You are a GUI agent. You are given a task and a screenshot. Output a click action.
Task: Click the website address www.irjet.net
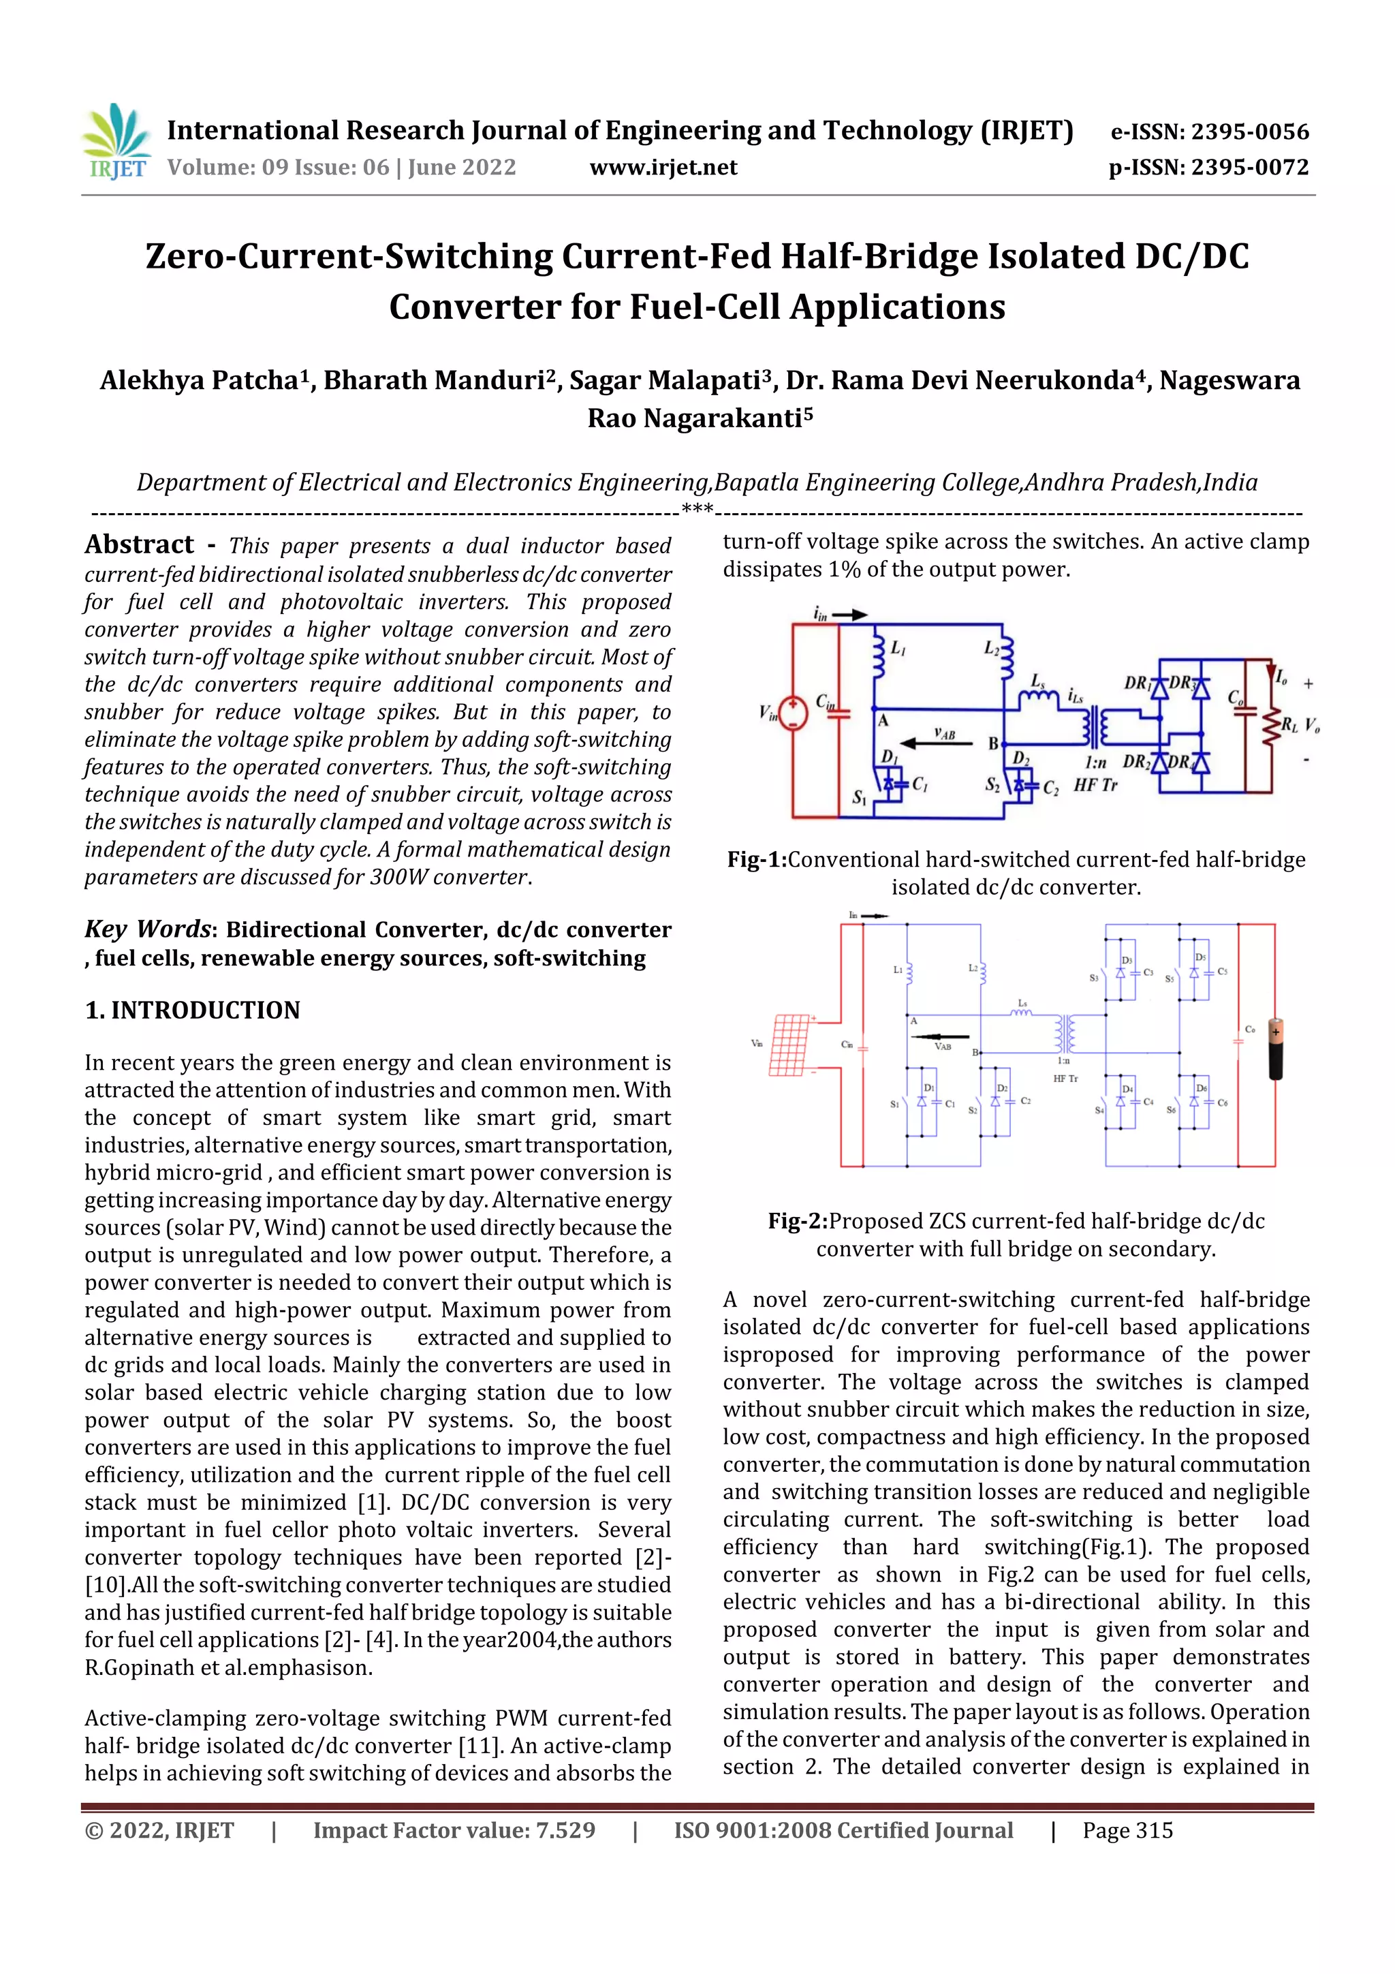(663, 167)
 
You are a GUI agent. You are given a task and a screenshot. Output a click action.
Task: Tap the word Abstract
(139, 544)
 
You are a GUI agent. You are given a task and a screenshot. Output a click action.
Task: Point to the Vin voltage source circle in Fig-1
(792, 713)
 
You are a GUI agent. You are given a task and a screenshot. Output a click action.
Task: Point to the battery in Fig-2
(1276, 1045)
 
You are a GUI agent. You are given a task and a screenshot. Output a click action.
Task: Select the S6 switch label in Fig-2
(1171, 1110)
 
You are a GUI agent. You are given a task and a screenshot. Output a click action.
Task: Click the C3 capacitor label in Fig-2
(1148, 972)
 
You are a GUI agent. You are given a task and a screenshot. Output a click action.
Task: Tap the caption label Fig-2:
(798, 1221)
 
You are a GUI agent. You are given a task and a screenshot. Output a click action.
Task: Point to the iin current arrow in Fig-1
(851, 615)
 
